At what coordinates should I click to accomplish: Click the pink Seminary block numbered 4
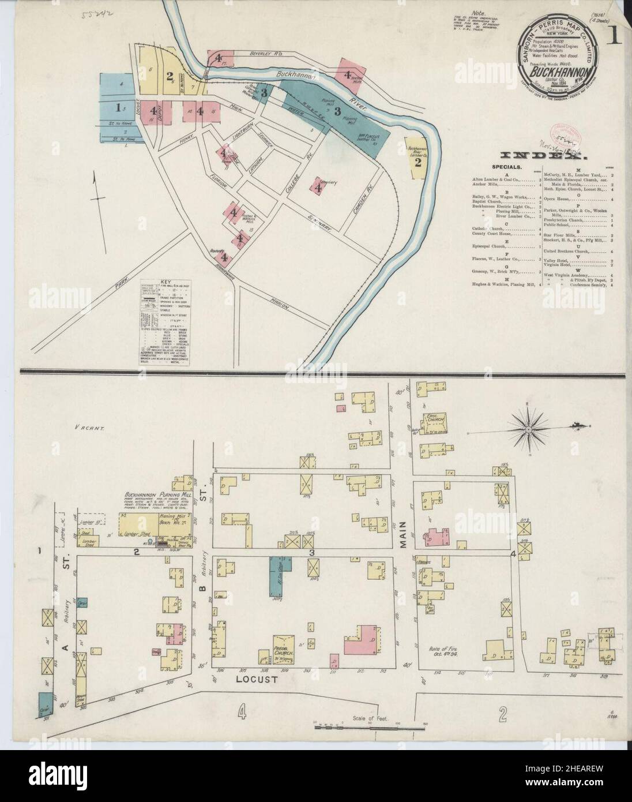[317, 186]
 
